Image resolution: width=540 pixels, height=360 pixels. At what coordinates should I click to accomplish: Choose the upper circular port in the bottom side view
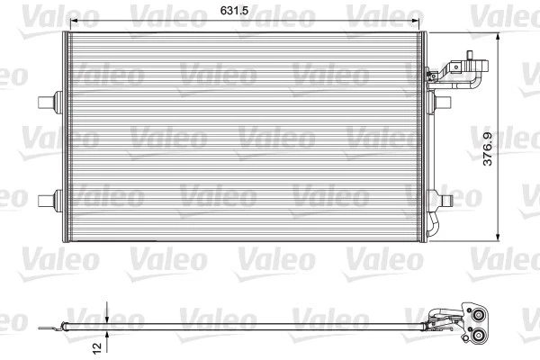(x=476, y=314)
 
